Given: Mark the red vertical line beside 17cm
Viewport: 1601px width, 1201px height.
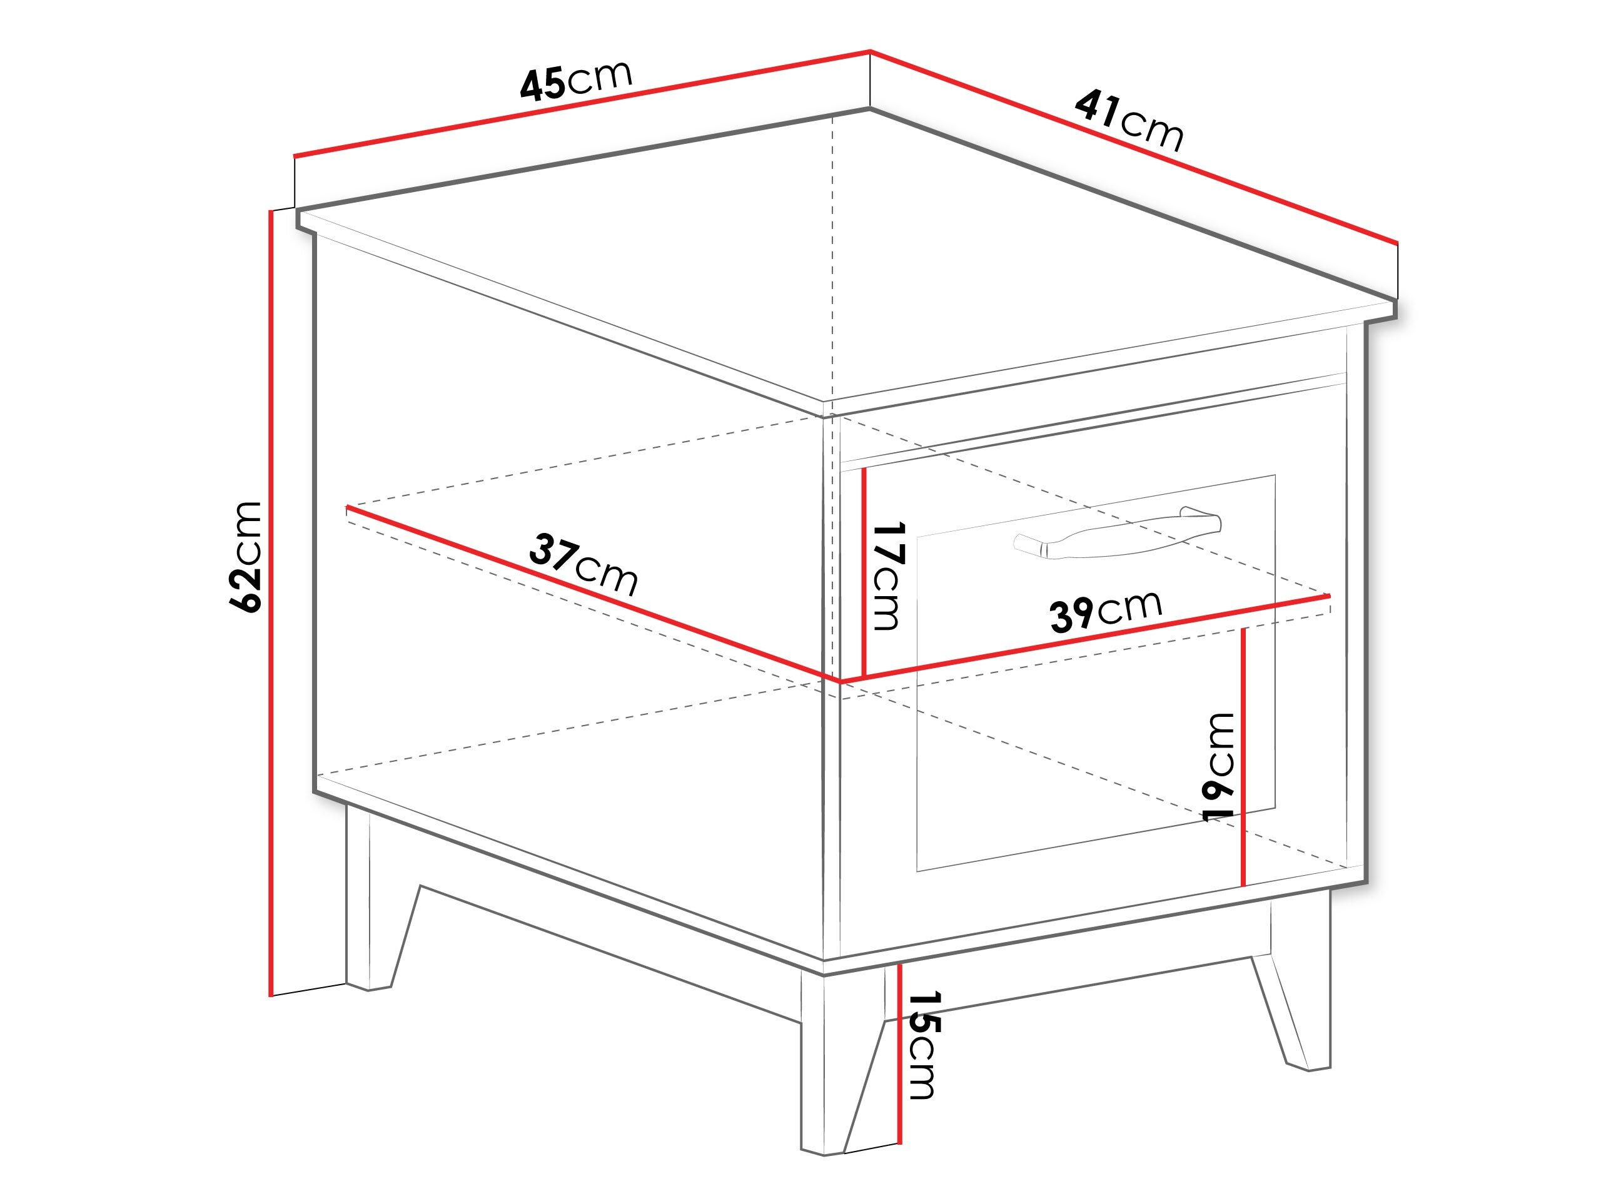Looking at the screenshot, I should tap(864, 572).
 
